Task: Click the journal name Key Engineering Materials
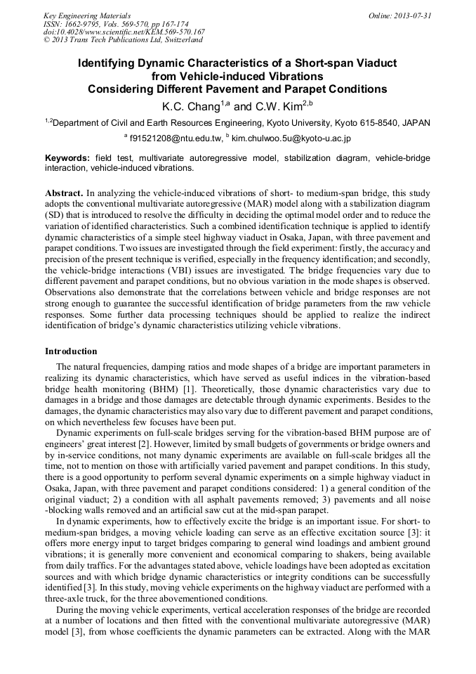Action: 87,15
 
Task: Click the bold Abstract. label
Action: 64,192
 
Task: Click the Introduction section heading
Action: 71,351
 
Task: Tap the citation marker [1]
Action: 188,389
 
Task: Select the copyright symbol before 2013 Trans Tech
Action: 47,40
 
